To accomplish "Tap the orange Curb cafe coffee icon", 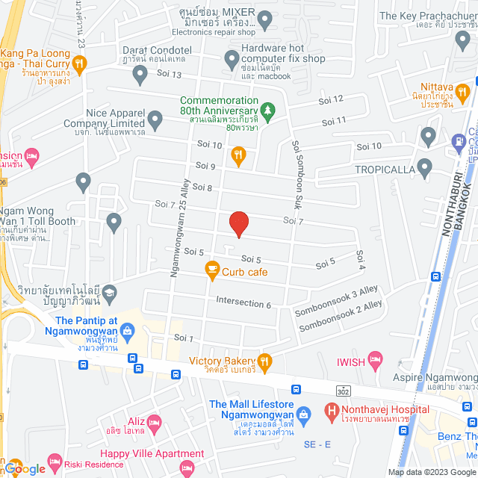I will tap(211, 268).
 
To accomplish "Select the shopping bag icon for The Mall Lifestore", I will tap(303, 412).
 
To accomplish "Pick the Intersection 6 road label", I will tap(243, 302).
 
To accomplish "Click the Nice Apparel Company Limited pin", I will tap(155, 118).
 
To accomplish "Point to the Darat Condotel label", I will tap(157, 50).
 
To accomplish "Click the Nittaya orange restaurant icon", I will tap(462, 91).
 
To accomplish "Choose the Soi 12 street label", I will tap(332, 99).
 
